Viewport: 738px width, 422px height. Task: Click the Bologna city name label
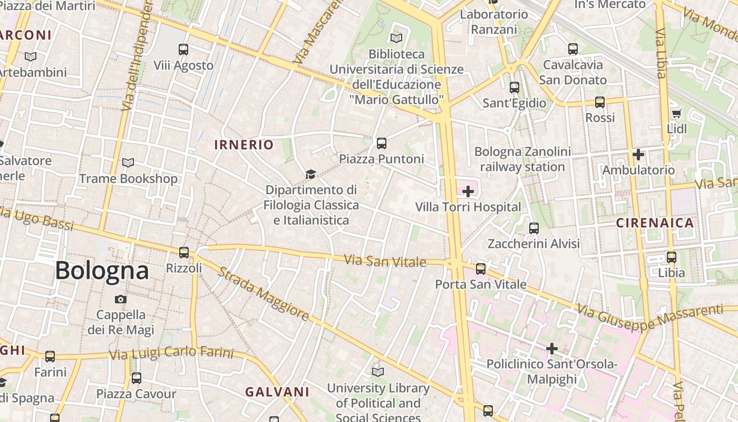102,271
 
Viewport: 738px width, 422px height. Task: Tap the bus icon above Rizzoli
183,253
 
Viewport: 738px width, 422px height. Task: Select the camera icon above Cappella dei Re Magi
121,300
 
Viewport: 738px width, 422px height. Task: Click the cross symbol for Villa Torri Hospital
468,191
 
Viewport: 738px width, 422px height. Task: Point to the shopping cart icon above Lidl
676,113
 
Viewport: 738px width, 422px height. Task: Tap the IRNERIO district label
244,145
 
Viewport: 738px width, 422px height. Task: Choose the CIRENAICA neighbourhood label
655,223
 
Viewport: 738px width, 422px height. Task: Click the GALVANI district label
277,392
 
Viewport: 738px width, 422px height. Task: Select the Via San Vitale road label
385,261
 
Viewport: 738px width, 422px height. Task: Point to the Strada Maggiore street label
263,294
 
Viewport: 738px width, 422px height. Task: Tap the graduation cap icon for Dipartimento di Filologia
310,174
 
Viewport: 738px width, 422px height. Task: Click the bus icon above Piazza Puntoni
381,143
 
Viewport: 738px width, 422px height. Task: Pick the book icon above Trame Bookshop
128,163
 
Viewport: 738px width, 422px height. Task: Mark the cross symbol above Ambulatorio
638,155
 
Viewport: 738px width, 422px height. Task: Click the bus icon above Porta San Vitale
480,269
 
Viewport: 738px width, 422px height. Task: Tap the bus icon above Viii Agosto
183,50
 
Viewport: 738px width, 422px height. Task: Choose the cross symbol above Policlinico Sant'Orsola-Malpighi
551,349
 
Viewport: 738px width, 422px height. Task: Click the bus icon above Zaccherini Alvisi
533,228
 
